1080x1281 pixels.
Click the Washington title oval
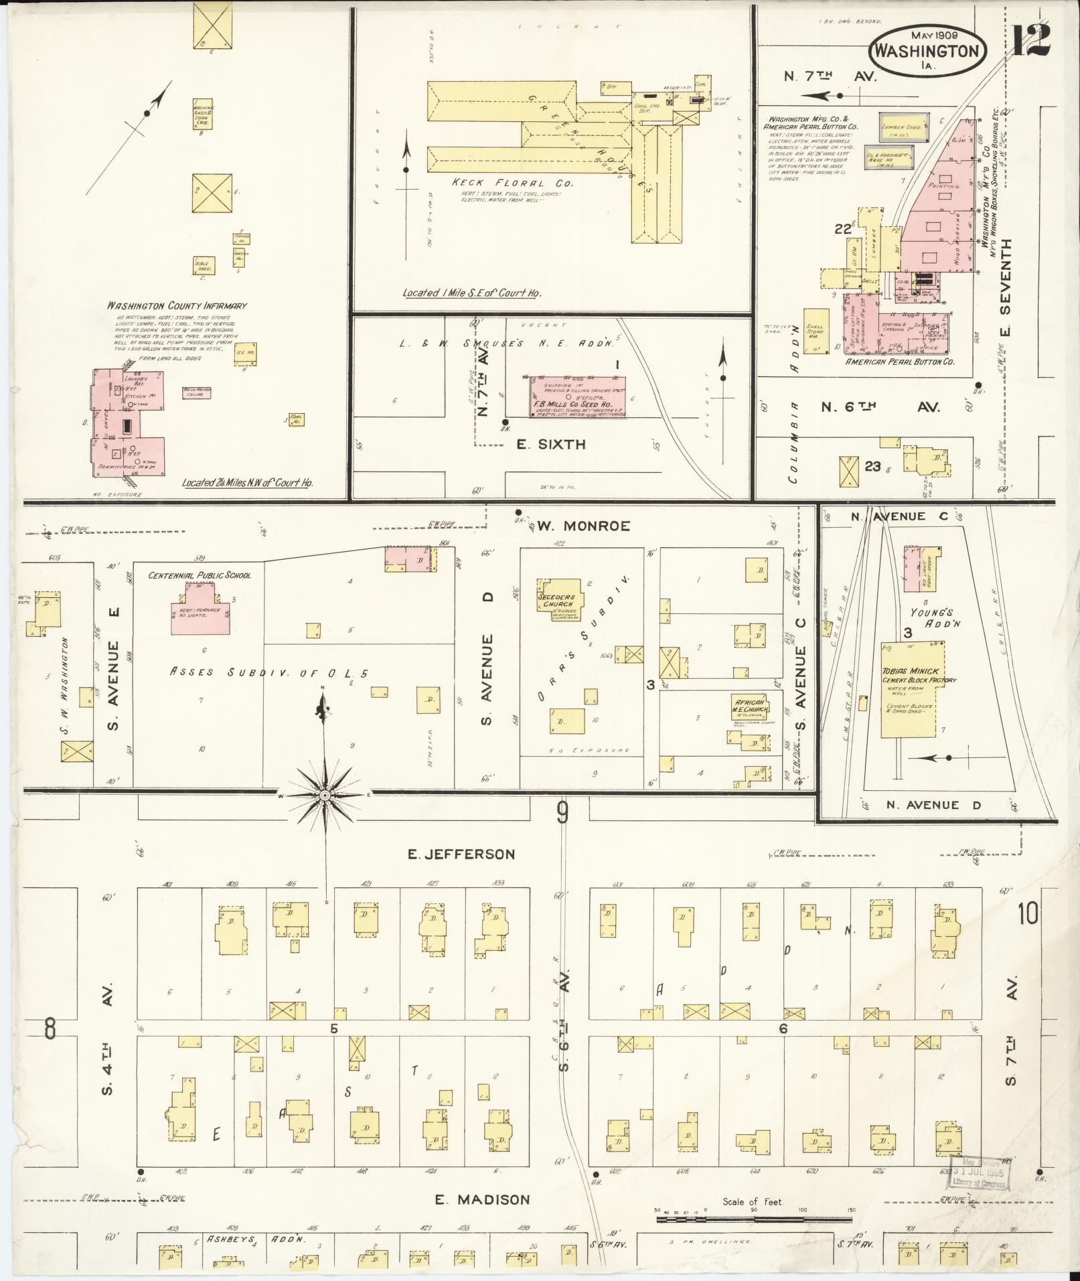click(x=927, y=50)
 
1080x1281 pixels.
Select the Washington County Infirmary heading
click(x=177, y=306)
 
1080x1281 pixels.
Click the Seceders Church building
click(x=560, y=599)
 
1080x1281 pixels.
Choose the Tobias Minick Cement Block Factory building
click(x=911, y=689)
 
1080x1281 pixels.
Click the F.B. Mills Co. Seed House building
click(x=577, y=398)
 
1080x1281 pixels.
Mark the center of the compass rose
click(x=325, y=795)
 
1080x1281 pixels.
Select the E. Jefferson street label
click(x=462, y=854)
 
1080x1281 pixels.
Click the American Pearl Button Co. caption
click(x=900, y=362)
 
